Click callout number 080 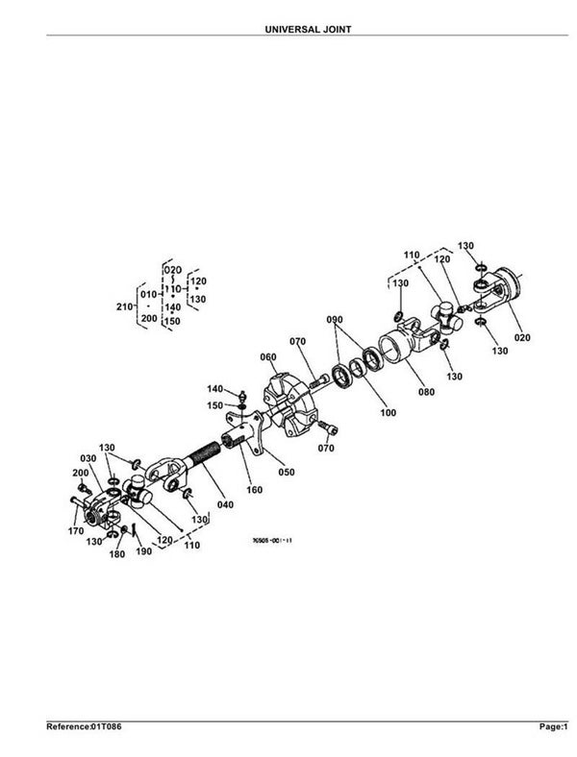pos(426,392)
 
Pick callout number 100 pos(389,413)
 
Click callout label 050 pos(286,471)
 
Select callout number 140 pos(214,388)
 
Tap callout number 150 pos(217,405)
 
